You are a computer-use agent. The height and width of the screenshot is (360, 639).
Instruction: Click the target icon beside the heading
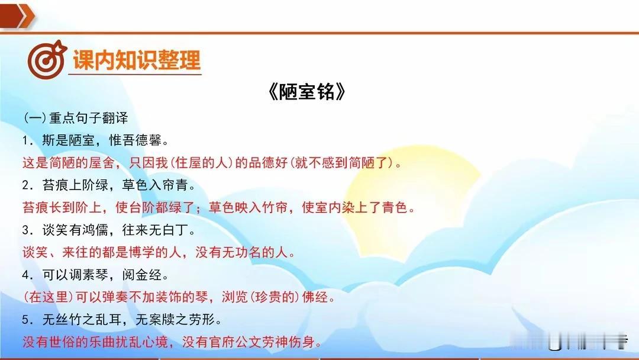pyautogui.click(x=47, y=60)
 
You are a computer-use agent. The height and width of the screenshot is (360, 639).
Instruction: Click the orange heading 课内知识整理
pyautogui.click(x=137, y=60)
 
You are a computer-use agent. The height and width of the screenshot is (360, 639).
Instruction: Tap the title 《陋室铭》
pyautogui.click(x=307, y=92)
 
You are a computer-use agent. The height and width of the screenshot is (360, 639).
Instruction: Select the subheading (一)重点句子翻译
pyautogui.click(x=76, y=118)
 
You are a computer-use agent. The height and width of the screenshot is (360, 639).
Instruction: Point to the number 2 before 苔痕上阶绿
pyautogui.click(x=27, y=185)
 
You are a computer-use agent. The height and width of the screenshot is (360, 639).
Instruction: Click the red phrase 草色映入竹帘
pyautogui.click(x=248, y=208)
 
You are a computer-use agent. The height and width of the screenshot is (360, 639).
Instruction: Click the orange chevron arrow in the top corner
pyautogui.click(x=17, y=15)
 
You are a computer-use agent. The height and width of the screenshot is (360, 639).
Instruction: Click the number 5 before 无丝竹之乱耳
pyautogui.click(x=27, y=320)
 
